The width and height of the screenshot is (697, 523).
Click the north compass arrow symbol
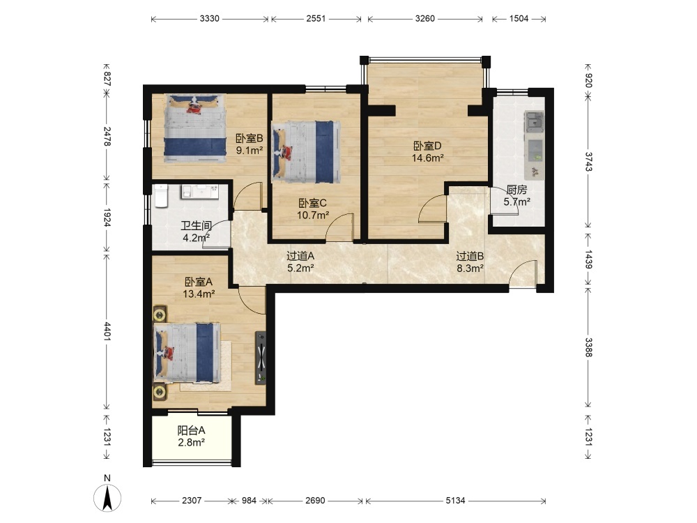[x=107, y=498]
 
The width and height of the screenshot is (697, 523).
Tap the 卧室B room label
[x=250, y=138]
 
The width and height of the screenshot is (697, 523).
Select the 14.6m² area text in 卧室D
[x=428, y=158]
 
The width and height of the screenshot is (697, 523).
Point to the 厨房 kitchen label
[x=516, y=190]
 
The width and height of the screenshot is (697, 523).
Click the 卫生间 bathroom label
[x=196, y=225]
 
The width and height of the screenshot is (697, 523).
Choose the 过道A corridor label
[x=300, y=256]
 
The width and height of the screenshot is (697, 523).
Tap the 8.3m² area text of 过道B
[x=470, y=268]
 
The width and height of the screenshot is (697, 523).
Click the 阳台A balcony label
[x=192, y=430]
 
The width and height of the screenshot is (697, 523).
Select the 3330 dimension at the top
[x=209, y=18]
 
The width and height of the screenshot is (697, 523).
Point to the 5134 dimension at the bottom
[x=456, y=500]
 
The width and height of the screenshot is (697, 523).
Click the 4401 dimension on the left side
[x=107, y=331]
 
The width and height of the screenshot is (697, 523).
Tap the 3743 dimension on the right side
[x=588, y=162]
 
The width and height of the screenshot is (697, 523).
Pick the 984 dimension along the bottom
[x=249, y=500]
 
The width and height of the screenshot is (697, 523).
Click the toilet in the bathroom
[x=161, y=196]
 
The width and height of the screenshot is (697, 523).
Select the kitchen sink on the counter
[x=535, y=121]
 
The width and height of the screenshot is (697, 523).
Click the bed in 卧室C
[x=307, y=152]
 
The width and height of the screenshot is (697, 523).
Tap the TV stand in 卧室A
[x=261, y=358]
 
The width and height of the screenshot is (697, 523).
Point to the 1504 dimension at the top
[x=519, y=18]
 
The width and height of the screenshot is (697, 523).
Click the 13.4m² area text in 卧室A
[x=199, y=294]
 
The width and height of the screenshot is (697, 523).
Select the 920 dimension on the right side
[x=588, y=81]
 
